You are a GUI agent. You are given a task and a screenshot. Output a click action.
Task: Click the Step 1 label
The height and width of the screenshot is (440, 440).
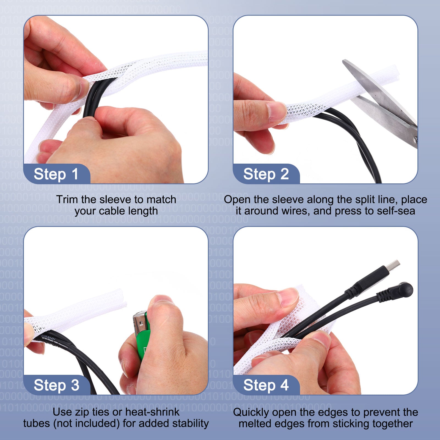click(x=56, y=174)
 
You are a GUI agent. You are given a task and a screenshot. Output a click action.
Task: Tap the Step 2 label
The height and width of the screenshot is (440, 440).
click(x=266, y=174)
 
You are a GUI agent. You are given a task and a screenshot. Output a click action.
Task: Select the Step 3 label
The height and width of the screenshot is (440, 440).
click(x=56, y=385)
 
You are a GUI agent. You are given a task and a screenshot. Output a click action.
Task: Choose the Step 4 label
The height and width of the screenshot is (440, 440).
click(x=266, y=385)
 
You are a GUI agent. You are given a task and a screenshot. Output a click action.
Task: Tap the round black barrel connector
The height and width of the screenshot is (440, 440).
click(x=404, y=290)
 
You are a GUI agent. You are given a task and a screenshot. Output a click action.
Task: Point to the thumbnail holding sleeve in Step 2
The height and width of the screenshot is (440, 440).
click(x=276, y=111)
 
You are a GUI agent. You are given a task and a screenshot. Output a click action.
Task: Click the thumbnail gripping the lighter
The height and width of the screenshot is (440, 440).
click(x=162, y=300)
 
